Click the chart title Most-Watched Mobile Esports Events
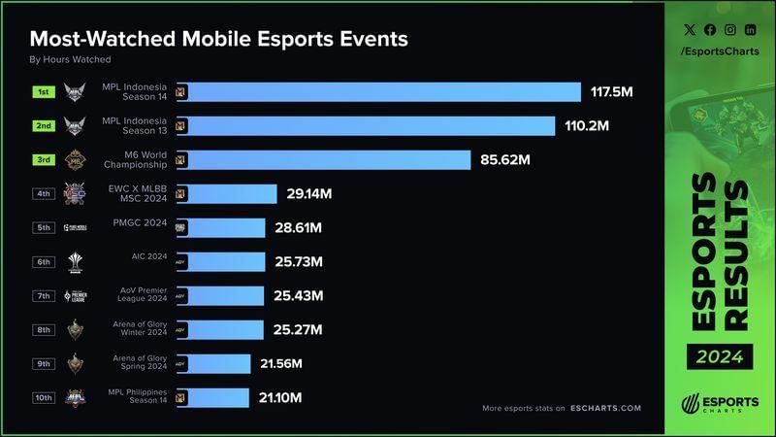[x=218, y=39]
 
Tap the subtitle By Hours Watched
[x=70, y=60]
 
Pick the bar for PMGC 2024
[x=220, y=227]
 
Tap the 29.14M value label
[x=309, y=194]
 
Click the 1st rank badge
[x=44, y=92]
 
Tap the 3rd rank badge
[x=44, y=160]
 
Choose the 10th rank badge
[x=44, y=397]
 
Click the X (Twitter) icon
[x=689, y=30]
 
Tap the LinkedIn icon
[x=750, y=30]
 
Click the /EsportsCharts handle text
[x=719, y=50]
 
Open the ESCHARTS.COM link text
[x=605, y=408]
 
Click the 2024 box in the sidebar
[x=720, y=357]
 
